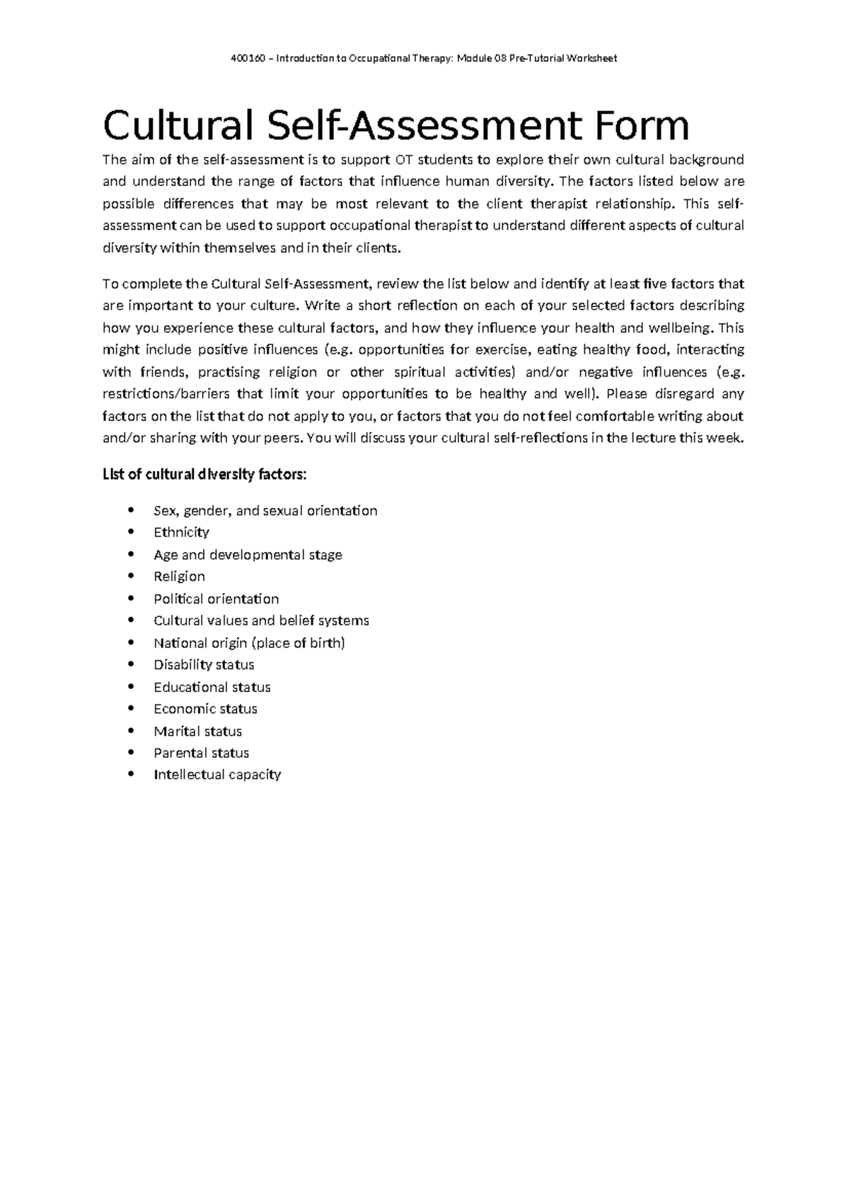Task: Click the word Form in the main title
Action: coord(640,126)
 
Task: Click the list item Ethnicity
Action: coord(181,532)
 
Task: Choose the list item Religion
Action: coord(179,576)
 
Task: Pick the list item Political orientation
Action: coord(216,599)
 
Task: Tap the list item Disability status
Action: coord(204,664)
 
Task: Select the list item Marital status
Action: coord(197,731)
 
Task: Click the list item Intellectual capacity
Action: coord(217,775)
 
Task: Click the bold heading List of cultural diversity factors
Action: coord(204,474)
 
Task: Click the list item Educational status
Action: coord(212,687)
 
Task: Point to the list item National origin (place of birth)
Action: coord(249,642)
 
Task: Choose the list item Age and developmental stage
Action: coord(248,555)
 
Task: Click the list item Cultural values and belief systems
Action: coord(261,621)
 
